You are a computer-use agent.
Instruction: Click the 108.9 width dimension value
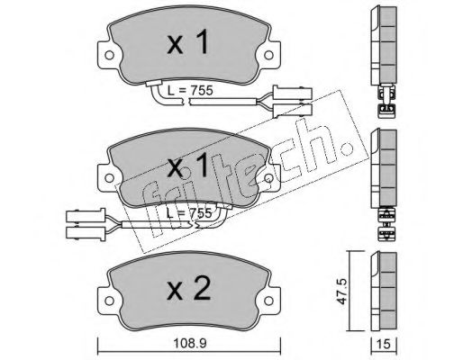pyautogui.click(x=190, y=344)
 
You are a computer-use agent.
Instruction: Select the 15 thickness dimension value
pyautogui.click(x=384, y=344)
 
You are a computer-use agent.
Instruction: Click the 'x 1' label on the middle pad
pyautogui.click(x=187, y=165)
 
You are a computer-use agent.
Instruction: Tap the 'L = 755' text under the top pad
pyautogui.click(x=190, y=90)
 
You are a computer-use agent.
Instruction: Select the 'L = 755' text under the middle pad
pyautogui.click(x=189, y=213)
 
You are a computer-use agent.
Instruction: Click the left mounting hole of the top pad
pyautogui.click(x=109, y=55)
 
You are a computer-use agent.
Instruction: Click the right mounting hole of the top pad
pyautogui.click(x=268, y=55)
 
